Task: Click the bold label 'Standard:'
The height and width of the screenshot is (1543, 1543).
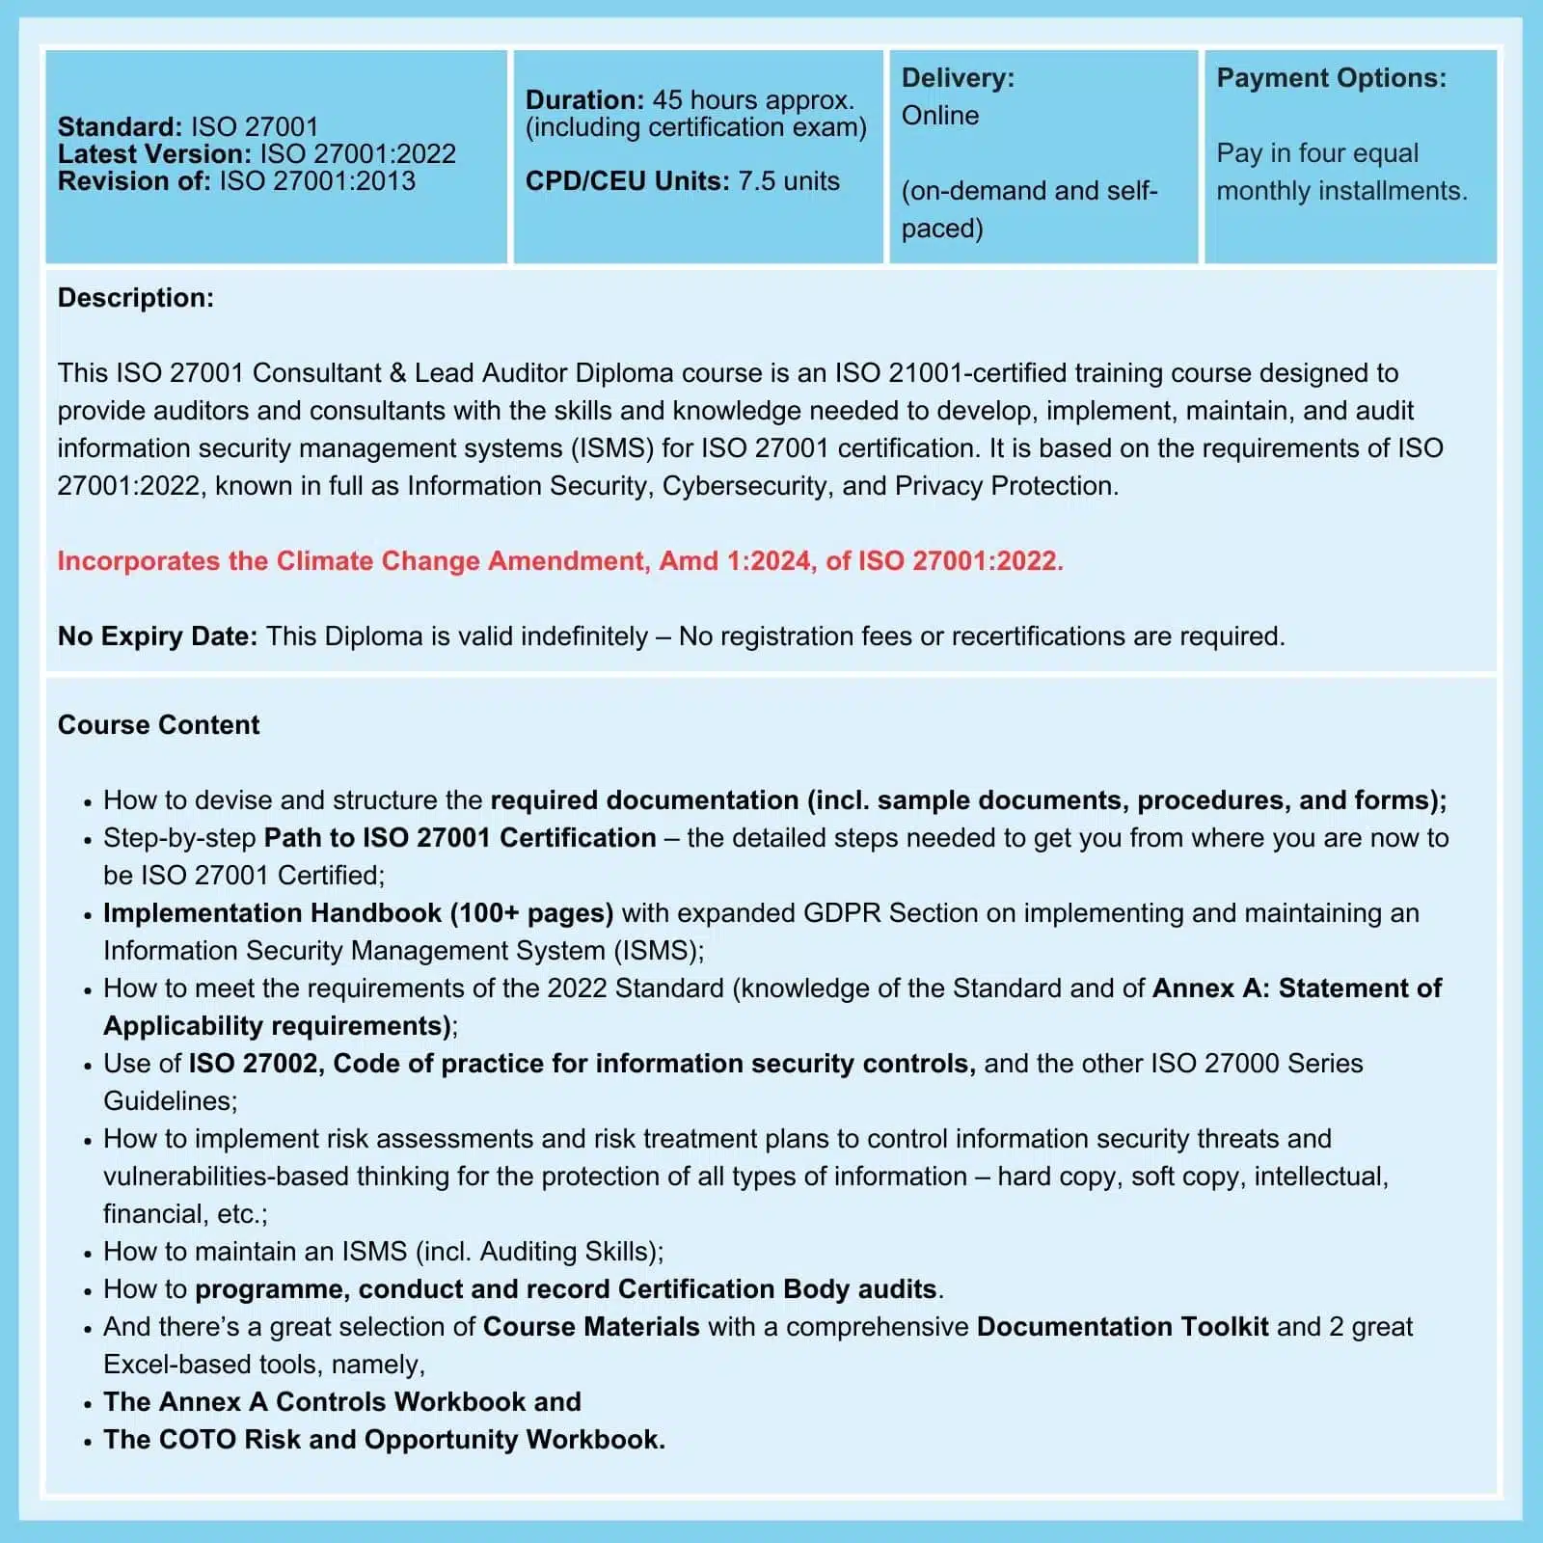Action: (120, 126)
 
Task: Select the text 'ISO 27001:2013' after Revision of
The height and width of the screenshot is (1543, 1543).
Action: (317, 181)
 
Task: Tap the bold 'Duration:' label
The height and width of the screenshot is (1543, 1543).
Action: (584, 99)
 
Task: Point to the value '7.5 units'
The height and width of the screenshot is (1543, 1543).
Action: (789, 181)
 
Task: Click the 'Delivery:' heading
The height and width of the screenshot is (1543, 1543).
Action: (958, 78)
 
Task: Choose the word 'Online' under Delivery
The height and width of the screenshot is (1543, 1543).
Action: (940, 116)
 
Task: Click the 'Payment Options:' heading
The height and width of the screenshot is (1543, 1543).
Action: (1331, 78)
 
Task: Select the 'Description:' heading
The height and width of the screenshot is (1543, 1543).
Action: (136, 298)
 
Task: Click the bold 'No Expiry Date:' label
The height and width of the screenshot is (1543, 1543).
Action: (157, 636)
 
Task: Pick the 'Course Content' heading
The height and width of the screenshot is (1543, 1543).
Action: (158, 725)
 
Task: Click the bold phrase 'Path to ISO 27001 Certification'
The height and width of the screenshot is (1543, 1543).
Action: (460, 838)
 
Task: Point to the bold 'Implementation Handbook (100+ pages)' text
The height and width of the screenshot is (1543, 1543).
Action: (358, 913)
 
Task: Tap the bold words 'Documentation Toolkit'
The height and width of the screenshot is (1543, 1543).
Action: (1123, 1327)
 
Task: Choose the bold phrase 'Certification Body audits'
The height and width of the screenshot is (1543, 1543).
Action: (777, 1289)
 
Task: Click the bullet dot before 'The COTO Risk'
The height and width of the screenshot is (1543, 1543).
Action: (88, 1442)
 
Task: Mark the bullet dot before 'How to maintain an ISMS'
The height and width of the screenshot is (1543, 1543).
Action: (88, 1254)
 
